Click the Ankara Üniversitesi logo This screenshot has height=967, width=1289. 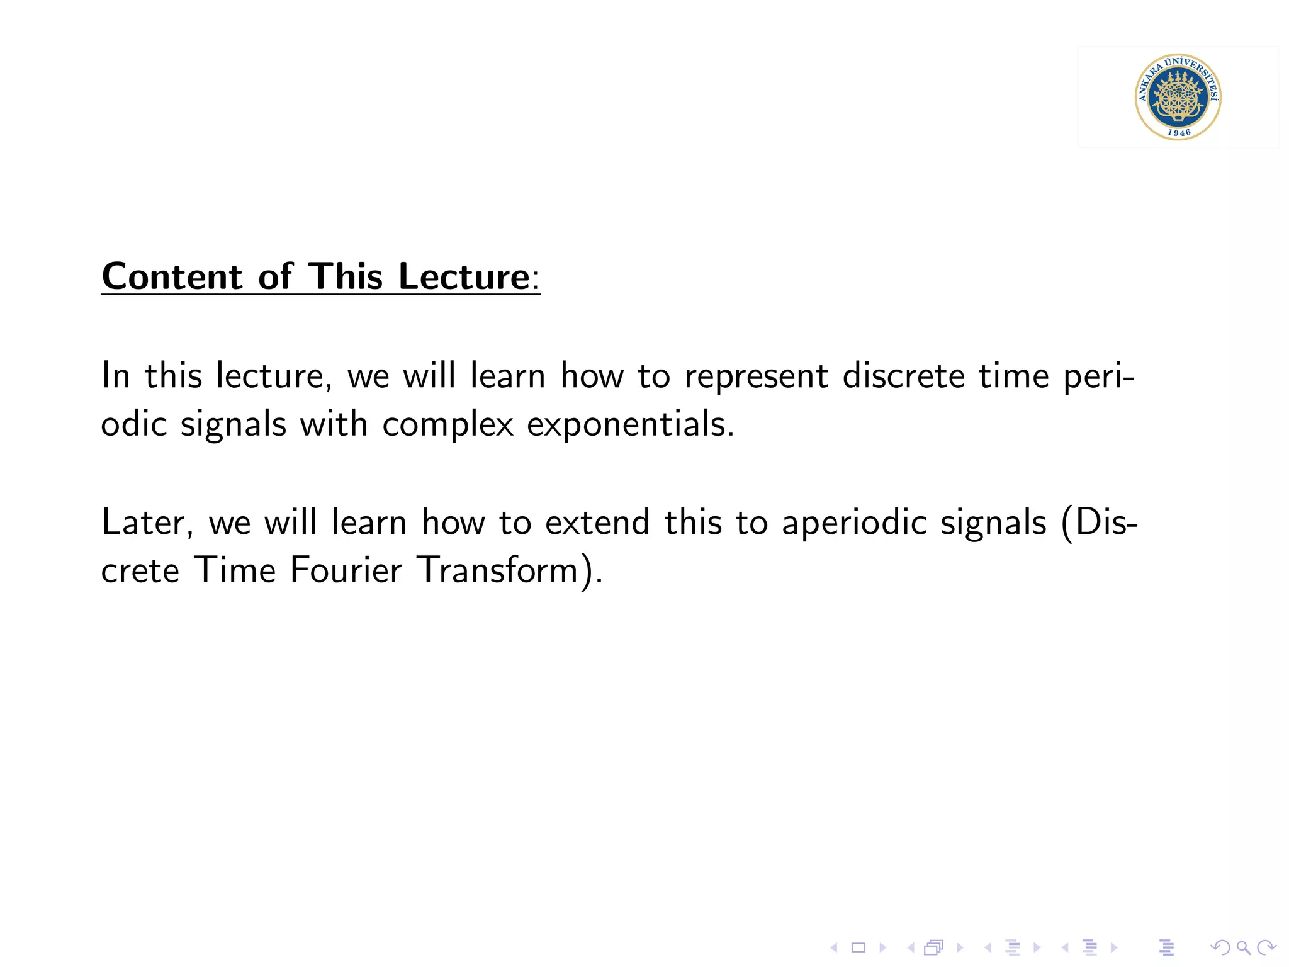1178,96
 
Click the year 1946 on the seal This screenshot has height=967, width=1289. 1179,132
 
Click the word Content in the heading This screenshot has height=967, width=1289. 172,276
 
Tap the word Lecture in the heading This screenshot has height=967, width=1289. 464,276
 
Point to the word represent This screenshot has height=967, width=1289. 756,376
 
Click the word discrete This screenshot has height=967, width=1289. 903,376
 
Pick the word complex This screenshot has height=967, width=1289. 447,424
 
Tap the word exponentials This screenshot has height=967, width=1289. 630,424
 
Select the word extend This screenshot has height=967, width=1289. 597,523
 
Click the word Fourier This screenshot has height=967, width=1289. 346,570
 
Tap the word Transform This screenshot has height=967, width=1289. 498,570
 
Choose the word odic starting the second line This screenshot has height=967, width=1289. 133,424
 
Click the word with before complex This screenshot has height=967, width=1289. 334,424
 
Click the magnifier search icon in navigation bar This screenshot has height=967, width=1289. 1243,947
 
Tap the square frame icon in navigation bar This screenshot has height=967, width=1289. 858,947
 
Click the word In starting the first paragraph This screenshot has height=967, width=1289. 116,376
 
